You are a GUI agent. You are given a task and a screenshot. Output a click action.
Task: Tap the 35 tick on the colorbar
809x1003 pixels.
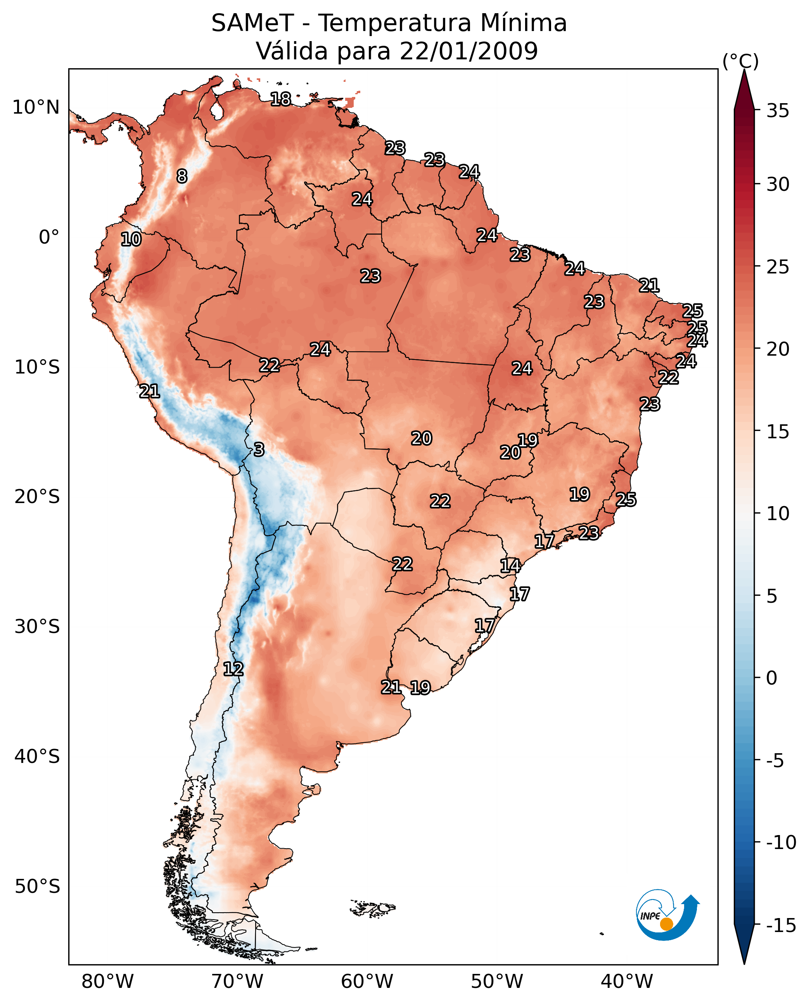point(778,111)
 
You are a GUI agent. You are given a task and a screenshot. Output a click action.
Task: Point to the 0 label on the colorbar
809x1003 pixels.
point(772,678)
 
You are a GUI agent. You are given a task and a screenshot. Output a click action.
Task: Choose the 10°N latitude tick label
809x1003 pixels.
point(36,108)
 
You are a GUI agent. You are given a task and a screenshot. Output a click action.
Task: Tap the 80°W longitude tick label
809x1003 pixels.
point(108,982)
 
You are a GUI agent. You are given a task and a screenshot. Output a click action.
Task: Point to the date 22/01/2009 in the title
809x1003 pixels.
point(469,51)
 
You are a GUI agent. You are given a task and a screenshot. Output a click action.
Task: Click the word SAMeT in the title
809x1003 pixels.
point(252,23)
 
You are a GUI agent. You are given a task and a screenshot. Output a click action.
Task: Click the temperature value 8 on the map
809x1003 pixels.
point(182,176)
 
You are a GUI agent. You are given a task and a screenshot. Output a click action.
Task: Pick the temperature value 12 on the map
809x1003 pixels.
point(233,669)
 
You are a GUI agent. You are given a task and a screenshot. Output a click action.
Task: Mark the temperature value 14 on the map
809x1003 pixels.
point(510,566)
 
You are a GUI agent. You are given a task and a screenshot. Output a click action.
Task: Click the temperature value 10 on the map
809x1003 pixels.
point(131,240)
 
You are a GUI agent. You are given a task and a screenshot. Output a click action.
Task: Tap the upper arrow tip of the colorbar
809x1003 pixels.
point(744,71)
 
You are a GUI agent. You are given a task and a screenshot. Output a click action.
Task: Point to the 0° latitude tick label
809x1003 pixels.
point(49,237)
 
